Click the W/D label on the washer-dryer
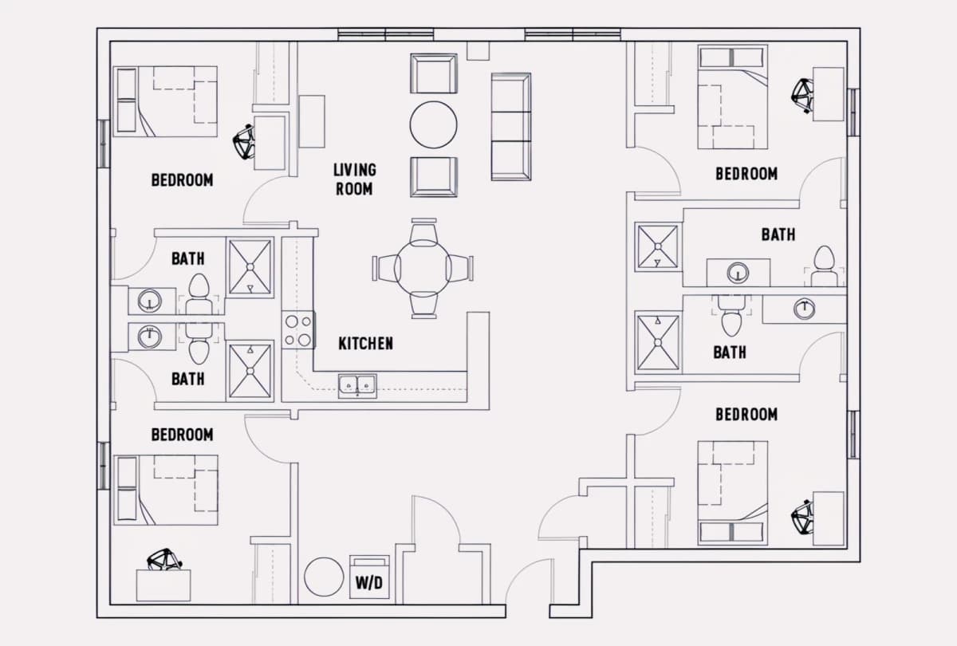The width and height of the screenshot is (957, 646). [x=369, y=583]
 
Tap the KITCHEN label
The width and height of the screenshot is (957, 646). [x=366, y=344]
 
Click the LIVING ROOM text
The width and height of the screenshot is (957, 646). [x=355, y=179]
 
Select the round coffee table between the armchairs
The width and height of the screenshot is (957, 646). [x=433, y=124]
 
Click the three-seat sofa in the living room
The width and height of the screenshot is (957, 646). [x=511, y=127]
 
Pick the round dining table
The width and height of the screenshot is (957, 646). [x=422, y=268]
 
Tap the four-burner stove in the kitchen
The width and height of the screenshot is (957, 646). [x=298, y=330]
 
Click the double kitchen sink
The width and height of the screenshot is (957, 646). [x=357, y=386]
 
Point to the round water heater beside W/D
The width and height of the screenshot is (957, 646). [x=324, y=577]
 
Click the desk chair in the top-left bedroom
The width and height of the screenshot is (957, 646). [x=244, y=141]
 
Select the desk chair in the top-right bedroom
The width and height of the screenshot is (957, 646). [x=802, y=96]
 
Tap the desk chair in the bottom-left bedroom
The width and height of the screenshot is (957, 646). [x=164, y=560]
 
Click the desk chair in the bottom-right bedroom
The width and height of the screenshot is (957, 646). [x=802, y=518]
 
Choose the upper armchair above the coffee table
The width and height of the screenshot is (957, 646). [x=434, y=73]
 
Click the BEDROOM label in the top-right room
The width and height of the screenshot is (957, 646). [x=746, y=174]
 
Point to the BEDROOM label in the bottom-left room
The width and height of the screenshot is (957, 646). [x=183, y=435]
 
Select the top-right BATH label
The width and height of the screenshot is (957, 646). [x=778, y=234]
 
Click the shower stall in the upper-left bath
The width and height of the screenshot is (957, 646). [x=250, y=267]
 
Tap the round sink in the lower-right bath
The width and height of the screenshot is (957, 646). [x=804, y=309]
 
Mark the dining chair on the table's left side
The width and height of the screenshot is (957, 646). [x=386, y=268]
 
